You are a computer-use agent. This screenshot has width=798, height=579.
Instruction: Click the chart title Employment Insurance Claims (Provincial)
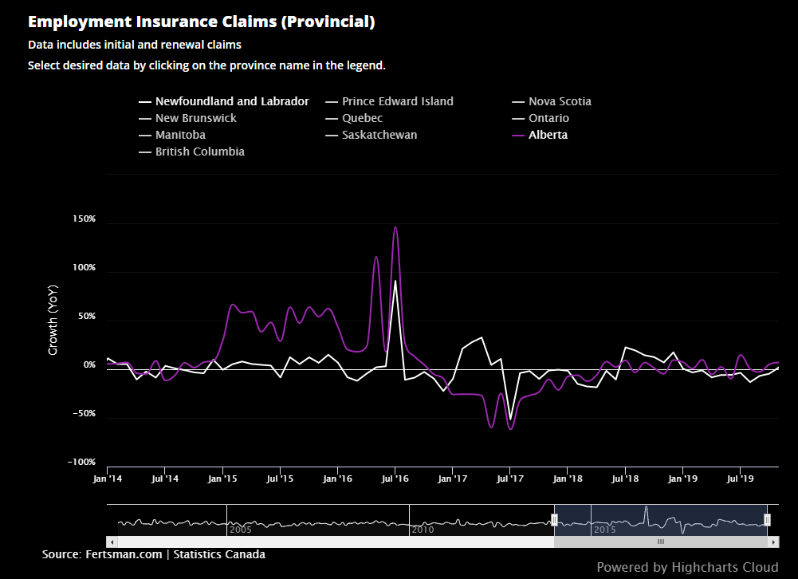pyautogui.click(x=201, y=22)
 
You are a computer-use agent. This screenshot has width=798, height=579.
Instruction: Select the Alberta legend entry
pyautogui.click(x=548, y=135)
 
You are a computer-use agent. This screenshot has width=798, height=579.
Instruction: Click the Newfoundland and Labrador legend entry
pyautogui.click(x=232, y=101)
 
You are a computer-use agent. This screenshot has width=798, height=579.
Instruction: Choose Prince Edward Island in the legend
pyautogui.click(x=397, y=101)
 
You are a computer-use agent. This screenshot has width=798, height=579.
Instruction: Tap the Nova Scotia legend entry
pyautogui.click(x=560, y=101)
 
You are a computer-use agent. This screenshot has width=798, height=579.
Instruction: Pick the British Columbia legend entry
pyautogui.click(x=199, y=152)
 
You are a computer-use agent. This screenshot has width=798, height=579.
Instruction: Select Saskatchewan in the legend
pyautogui.click(x=379, y=135)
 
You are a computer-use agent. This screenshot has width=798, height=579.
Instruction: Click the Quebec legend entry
pyautogui.click(x=362, y=118)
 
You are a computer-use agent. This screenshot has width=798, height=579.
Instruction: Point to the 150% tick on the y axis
pyautogui.click(x=84, y=219)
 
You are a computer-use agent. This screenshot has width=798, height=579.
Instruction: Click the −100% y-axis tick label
pyautogui.click(x=81, y=463)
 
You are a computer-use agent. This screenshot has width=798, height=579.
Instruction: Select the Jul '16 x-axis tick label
pyautogui.click(x=395, y=479)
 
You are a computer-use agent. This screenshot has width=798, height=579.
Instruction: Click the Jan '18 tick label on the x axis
pyautogui.click(x=568, y=479)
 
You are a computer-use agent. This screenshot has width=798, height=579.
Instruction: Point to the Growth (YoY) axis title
pyautogui.click(x=53, y=320)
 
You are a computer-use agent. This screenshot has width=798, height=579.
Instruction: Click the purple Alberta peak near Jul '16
pyautogui.click(x=395, y=227)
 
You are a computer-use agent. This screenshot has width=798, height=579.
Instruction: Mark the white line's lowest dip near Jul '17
pyautogui.click(x=510, y=419)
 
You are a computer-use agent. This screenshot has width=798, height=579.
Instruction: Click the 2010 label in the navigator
pyautogui.click(x=423, y=529)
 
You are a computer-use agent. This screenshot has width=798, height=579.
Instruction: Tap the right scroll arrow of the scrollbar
pyautogui.click(x=773, y=542)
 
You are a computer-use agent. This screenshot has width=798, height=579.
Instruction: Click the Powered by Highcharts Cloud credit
pyautogui.click(x=687, y=567)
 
